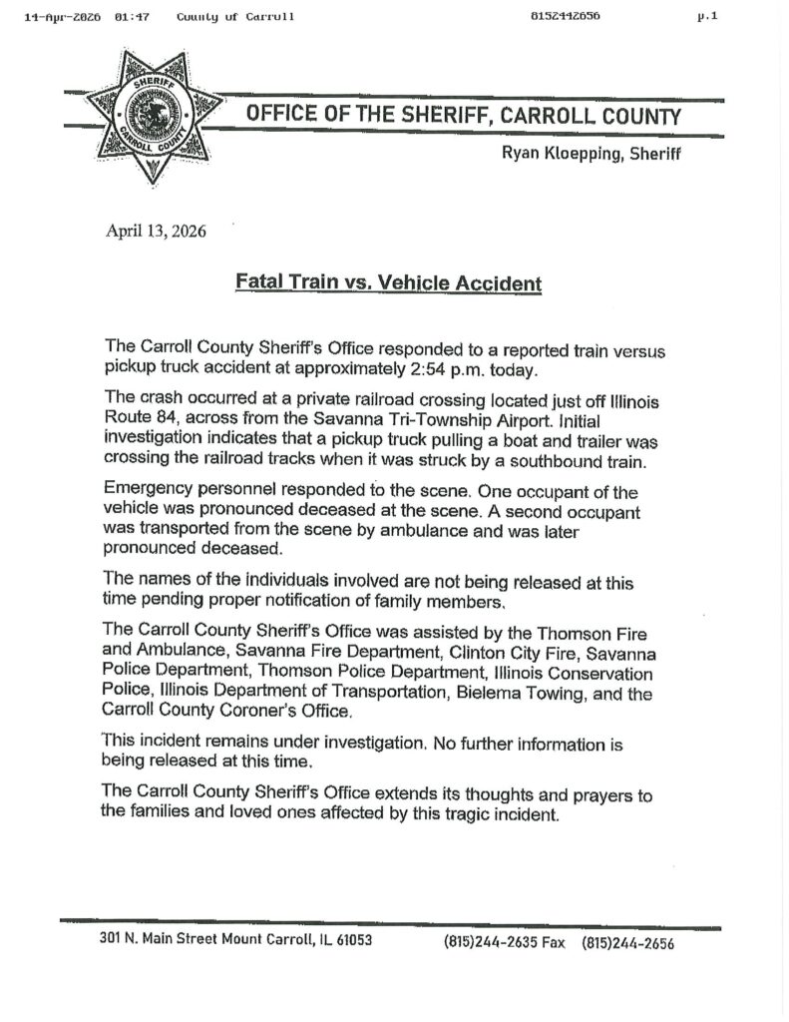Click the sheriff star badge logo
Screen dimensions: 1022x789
tap(154, 118)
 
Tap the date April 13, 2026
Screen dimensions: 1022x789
tap(157, 232)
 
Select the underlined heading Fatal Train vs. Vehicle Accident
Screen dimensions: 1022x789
tap(388, 282)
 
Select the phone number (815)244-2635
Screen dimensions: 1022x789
tap(490, 940)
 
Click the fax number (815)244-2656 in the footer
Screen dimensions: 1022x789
tap(628, 940)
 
